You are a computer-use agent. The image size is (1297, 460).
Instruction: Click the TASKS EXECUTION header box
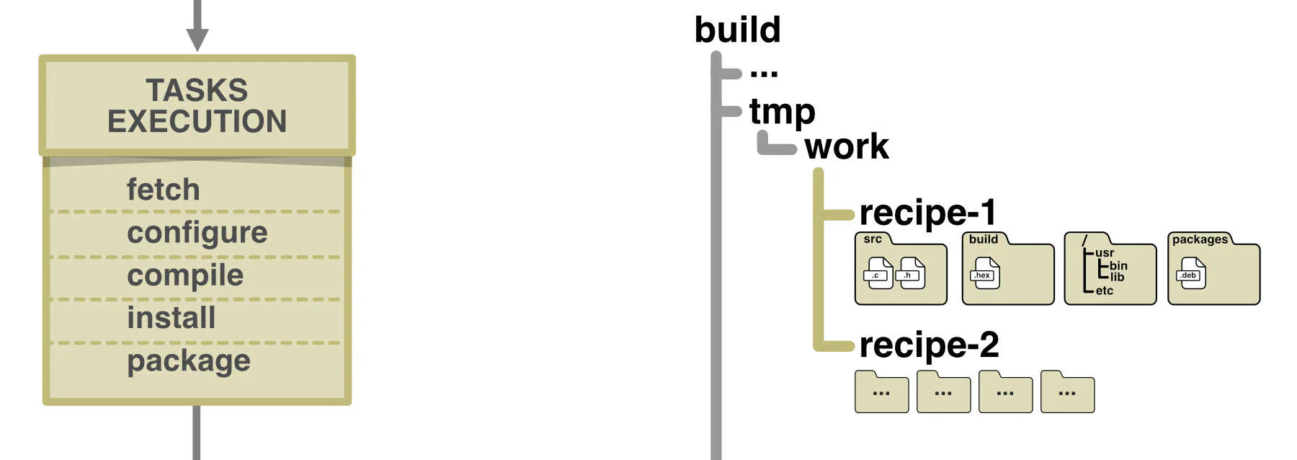pyautogui.click(x=197, y=105)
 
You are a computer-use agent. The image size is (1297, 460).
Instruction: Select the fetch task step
pyautogui.click(x=163, y=190)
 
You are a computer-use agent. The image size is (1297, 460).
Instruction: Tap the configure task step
pyautogui.click(x=197, y=232)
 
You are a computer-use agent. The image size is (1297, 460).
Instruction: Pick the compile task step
pyautogui.click(x=185, y=275)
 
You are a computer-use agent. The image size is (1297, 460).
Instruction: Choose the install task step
pyautogui.click(x=171, y=318)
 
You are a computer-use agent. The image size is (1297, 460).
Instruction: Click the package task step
pyautogui.click(x=189, y=361)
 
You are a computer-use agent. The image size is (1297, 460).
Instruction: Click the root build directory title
pyautogui.click(x=737, y=30)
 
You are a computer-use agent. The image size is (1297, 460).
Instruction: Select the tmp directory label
pyautogui.click(x=782, y=112)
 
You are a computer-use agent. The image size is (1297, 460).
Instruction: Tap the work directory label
pyautogui.click(x=847, y=146)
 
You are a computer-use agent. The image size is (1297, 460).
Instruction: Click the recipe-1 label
pyautogui.click(x=927, y=213)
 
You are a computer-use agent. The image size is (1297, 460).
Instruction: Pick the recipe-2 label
pyautogui.click(x=929, y=345)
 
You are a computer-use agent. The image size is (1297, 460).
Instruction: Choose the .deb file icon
pyautogui.click(x=1190, y=273)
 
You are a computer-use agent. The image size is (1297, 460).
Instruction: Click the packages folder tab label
pyautogui.click(x=1199, y=239)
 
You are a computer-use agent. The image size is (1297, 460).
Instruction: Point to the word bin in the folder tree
pyautogui.click(x=1118, y=265)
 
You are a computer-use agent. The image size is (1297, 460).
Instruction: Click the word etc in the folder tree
pyautogui.click(x=1104, y=291)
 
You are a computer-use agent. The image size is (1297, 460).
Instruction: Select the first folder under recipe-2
pyautogui.click(x=881, y=393)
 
